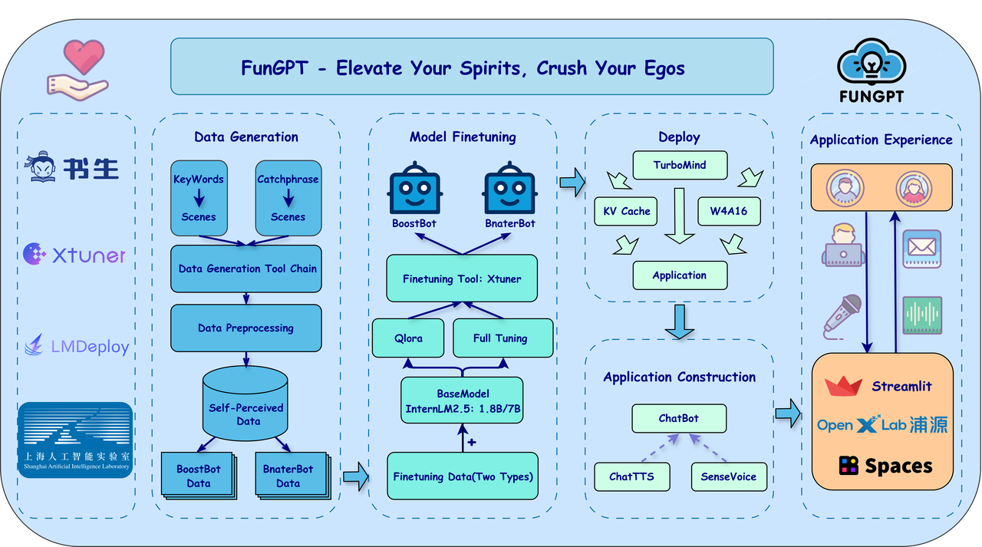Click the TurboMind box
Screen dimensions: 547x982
679,165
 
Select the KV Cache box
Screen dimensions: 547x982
626,211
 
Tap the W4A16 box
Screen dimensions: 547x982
729,211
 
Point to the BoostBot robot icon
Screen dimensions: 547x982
415,188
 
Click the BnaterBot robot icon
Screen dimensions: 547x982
509,188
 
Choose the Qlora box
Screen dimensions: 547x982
408,338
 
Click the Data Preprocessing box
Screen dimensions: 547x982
245,328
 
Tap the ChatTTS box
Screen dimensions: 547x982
631,476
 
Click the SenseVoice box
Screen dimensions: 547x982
728,476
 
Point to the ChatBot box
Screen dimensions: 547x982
679,419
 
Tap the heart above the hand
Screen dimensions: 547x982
84,57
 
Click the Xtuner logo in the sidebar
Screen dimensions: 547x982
74,255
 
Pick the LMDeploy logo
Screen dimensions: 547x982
77,347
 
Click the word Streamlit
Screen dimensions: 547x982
901,386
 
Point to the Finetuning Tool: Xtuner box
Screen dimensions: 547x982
461,278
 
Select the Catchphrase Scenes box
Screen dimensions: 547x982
288,197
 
